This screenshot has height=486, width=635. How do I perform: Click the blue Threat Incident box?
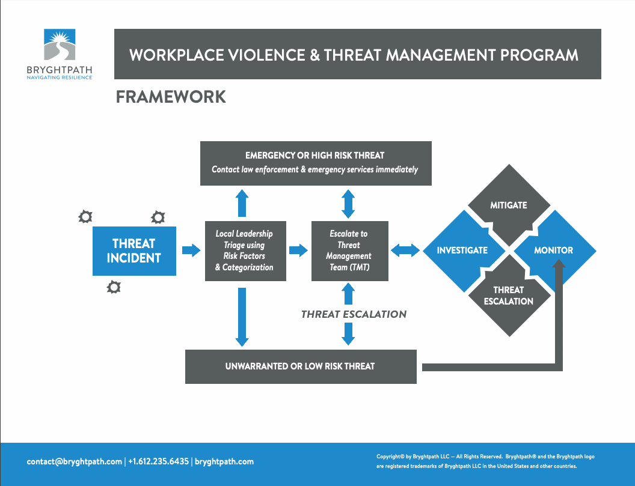(x=135, y=251)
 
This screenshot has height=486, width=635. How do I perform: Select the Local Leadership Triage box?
(x=245, y=251)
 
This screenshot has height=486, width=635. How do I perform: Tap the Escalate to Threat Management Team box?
(x=350, y=251)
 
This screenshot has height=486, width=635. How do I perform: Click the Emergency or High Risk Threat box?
(x=316, y=163)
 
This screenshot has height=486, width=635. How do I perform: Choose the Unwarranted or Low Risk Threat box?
(x=301, y=366)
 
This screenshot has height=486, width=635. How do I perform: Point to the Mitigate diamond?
(x=509, y=205)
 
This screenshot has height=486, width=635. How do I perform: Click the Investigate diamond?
(x=464, y=251)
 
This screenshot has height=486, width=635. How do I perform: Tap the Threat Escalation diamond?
(x=509, y=296)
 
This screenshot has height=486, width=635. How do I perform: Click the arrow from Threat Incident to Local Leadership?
(x=191, y=251)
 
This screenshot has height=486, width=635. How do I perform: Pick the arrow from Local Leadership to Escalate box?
(x=298, y=251)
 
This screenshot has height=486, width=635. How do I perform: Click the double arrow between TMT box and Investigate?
(x=405, y=251)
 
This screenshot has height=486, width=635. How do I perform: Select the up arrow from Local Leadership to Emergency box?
(x=242, y=203)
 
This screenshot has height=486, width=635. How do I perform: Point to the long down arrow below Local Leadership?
(x=242, y=317)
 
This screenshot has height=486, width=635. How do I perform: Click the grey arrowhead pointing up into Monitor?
(x=559, y=265)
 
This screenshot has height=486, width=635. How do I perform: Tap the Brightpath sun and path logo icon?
(x=60, y=44)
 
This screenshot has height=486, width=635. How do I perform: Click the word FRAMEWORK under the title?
(x=171, y=97)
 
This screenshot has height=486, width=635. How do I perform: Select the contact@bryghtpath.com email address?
(x=75, y=462)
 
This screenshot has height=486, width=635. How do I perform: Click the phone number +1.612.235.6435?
(x=158, y=462)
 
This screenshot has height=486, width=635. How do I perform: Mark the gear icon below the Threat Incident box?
(x=114, y=287)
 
